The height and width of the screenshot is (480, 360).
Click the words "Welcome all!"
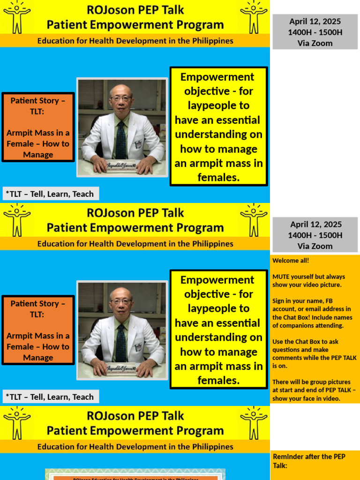[x=291, y=261]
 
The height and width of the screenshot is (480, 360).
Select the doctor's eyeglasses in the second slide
[x=121, y=301]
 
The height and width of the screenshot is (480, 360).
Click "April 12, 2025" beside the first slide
[x=315, y=22]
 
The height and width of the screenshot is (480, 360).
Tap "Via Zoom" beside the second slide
[x=315, y=246]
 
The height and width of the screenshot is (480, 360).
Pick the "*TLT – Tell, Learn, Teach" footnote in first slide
[x=50, y=194]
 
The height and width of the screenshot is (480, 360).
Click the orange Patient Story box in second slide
[x=38, y=330]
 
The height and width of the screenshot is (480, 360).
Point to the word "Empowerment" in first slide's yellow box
[x=217, y=77]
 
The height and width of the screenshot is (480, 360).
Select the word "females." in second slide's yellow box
[x=218, y=381]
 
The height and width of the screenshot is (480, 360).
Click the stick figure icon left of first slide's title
[x=17, y=17]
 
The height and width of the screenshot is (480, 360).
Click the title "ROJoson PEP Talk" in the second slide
[x=135, y=213]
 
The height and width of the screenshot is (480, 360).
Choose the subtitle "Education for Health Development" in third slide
[x=135, y=447]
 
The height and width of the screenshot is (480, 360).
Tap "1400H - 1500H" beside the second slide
[x=315, y=235]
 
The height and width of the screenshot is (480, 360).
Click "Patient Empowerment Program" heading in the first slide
[x=135, y=25]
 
